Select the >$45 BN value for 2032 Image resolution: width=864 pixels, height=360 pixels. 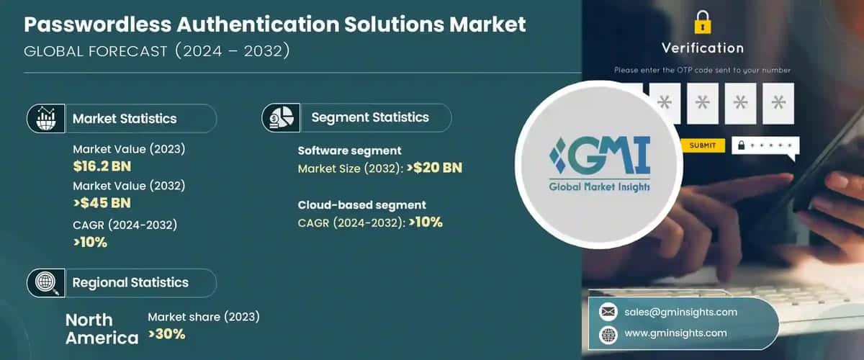click(102, 202)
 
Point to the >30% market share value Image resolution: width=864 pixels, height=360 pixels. click(167, 333)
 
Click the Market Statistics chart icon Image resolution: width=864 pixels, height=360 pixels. click(46, 118)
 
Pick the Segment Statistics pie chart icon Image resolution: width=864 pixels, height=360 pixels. click(281, 117)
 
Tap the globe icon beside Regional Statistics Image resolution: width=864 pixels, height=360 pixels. click(46, 282)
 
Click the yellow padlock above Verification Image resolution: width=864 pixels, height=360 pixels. click(703, 22)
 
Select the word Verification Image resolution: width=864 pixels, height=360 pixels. click(702, 48)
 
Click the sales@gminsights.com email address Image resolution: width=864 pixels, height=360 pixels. click(682, 312)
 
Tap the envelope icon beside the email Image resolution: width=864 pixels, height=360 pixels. click(608, 312)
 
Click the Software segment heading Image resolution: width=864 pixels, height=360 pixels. click(349, 150)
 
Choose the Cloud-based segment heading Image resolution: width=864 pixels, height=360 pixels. click(362, 204)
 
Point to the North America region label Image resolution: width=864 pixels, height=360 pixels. click(101, 328)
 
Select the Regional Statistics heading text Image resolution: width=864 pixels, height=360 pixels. click(130, 282)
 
